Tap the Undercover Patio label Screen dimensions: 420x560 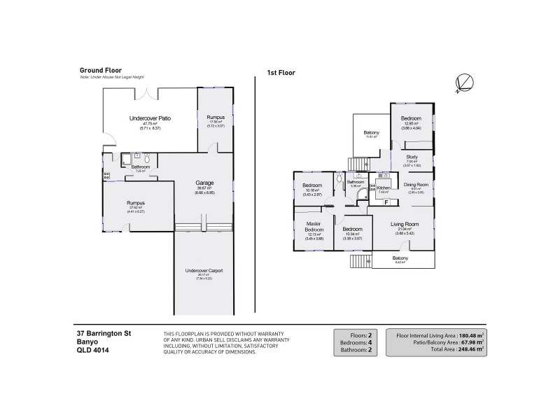(x=150, y=119)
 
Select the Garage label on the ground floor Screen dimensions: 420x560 (x=204, y=182)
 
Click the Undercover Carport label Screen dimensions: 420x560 (x=204, y=270)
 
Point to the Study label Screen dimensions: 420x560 (x=412, y=156)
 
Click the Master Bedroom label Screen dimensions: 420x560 (x=314, y=227)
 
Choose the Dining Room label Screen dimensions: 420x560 (x=416, y=184)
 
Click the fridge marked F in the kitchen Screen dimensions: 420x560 (x=386, y=202)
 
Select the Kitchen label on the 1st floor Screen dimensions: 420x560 (x=383, y=188)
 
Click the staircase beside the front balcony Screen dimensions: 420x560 (x=360, y=261)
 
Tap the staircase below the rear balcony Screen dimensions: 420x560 (x=357, y=164)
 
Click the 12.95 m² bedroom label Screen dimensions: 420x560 (x=411, y=119)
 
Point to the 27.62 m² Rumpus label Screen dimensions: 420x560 (x=135, y=203)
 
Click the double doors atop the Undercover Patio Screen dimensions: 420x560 (x=149, y=92)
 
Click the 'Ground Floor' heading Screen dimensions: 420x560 (x=101, y=71)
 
